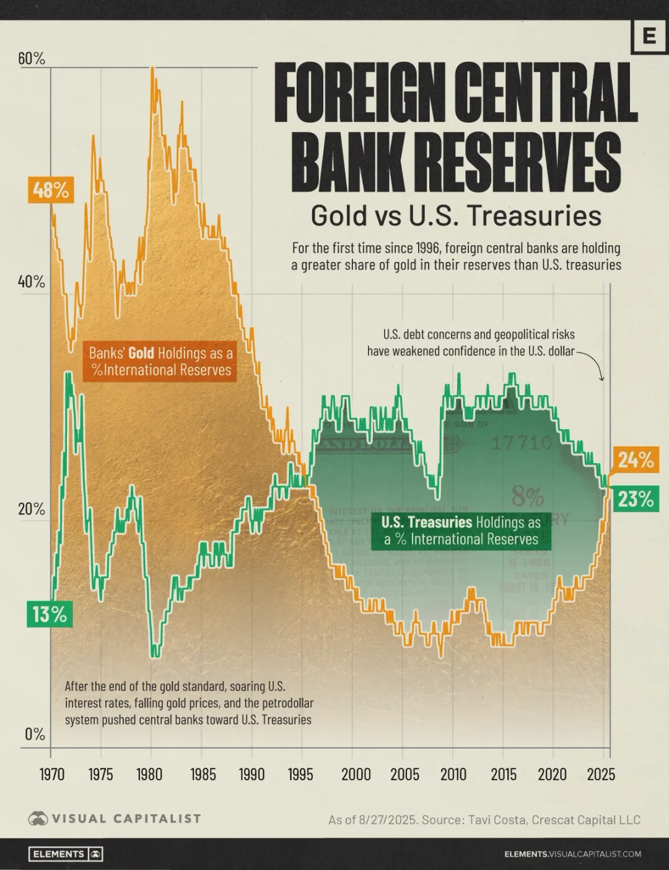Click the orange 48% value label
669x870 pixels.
(51, 189)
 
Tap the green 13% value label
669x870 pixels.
(50, 614)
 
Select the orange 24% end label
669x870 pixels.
(636, 460)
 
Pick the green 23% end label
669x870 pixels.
(636, 499)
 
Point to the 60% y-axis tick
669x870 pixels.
(32, 59)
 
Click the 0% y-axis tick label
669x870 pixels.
(35, 734)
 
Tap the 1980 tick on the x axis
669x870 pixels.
(149, 774)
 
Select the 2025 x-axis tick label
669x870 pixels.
(601, 774)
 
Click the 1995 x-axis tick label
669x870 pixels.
(300, 774)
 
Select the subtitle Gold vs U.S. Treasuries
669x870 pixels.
(456, 215)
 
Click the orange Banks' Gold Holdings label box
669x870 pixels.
(160, 362)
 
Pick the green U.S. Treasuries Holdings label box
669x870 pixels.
(461, 531)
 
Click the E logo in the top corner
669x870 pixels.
(649, 36)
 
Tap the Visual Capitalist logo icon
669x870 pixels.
(38, 819)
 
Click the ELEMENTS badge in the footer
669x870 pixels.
(66, 854)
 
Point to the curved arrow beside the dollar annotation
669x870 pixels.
(596, 365)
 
